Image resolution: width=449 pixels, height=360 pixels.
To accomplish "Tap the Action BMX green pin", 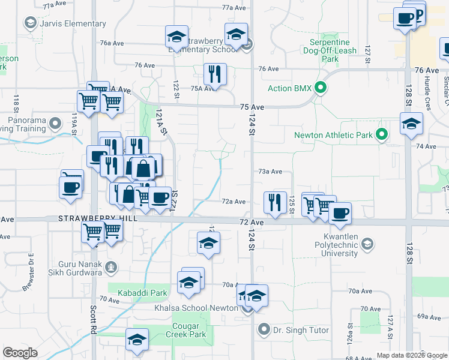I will pyautogui.click(x=321, y=88).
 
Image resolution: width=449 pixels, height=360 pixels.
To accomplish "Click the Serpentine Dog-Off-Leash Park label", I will pyautogui.click(x=330, y=51).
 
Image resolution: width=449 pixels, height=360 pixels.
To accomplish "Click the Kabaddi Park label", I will pyautogui.click(x=142, y=293).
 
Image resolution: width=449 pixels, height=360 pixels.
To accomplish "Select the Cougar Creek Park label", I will pyautogui.click(x=185, y=330).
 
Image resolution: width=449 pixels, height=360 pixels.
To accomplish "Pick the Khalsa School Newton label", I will pyautogui.click(x=204, y=308).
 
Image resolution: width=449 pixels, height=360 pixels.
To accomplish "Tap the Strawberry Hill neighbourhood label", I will pyautogui.click(x=98, y=219).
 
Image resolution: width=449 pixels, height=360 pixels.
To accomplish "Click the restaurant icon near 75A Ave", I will pyautogui.click(x=214, y=74).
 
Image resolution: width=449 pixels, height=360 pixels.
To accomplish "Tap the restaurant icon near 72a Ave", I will pyautogui.click(x=276, y=202).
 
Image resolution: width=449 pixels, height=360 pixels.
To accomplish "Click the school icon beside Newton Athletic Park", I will pyautogui.click(x=411, y=124).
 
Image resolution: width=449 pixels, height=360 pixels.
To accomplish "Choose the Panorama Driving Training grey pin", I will pyautogui.click(x=55, y=124).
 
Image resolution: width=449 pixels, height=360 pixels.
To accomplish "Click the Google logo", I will pyautogui.click(x=20, y=353).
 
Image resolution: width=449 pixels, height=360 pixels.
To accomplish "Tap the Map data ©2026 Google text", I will pyautogui.click(x=411, y=355).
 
